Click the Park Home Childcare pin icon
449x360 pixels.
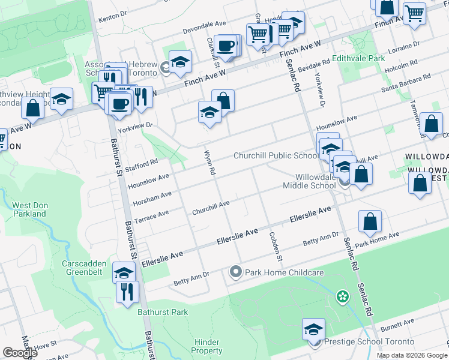[235, 272]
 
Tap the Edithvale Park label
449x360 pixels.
[363, 59]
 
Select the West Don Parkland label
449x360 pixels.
[29, 209]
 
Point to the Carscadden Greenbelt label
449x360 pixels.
[84, 268]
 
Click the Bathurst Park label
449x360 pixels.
[162, 312]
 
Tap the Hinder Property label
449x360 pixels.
[207, 346]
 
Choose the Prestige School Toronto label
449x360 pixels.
[353, 341]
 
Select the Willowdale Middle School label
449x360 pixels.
[309, 181]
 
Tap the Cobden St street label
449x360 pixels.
[275, 247]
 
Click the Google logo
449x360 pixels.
[19, 353]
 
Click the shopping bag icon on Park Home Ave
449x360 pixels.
[370, 221]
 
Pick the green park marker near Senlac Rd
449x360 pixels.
[342, 296]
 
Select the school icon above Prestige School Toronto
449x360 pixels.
[313, 329]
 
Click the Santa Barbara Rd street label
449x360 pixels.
[406, 81]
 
